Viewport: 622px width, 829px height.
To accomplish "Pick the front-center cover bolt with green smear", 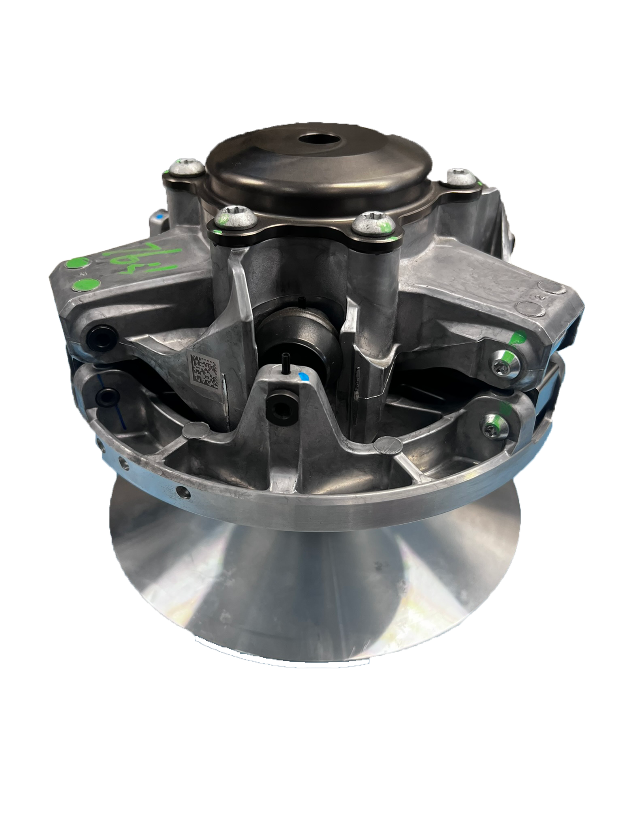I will coord(368,225).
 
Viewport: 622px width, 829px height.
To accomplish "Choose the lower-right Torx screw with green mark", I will coord(494,427).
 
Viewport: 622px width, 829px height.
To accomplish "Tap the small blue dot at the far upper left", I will coord(159,216).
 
